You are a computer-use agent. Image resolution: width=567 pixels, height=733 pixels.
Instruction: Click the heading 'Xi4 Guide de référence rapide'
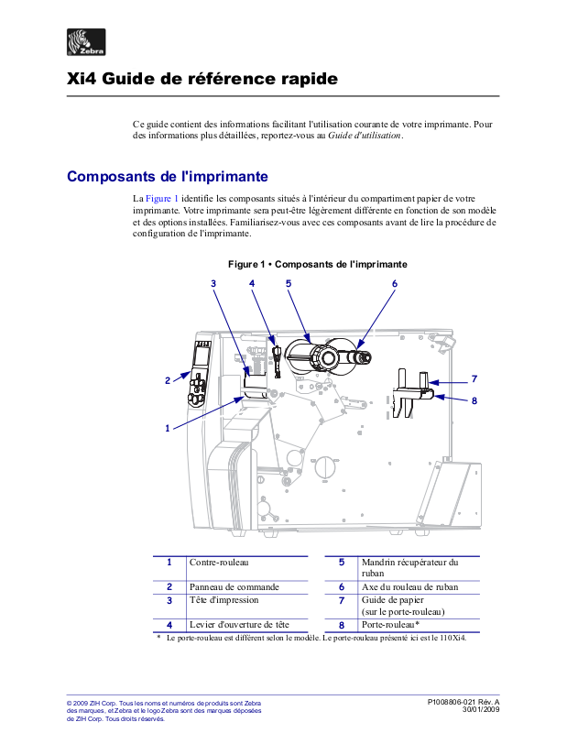click(202, 80)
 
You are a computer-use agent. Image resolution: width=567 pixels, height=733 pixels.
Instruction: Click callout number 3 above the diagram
click(213, 283)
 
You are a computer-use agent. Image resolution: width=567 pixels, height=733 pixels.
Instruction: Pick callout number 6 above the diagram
click(395, 283)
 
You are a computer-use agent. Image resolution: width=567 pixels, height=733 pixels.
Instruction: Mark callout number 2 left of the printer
click(168, 379)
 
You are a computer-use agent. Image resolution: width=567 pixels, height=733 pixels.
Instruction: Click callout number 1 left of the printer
click(168, 427)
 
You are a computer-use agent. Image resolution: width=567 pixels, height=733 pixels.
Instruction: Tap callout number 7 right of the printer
click(474, 378)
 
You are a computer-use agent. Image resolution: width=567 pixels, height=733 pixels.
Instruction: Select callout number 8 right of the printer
click(474, 400)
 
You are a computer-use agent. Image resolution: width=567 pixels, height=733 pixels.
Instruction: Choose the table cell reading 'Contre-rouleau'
click(219, 562)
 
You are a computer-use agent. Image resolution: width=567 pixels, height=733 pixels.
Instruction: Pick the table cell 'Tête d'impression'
click(224, 600)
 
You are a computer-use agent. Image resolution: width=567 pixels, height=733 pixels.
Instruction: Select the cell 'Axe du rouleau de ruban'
click(409, 586)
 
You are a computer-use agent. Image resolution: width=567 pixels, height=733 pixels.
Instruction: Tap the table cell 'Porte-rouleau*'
click(390, 624)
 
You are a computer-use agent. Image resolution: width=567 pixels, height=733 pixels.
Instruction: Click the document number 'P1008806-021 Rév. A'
click(463, 702)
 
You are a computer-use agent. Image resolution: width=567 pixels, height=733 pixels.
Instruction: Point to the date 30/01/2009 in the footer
click(480, 710)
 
